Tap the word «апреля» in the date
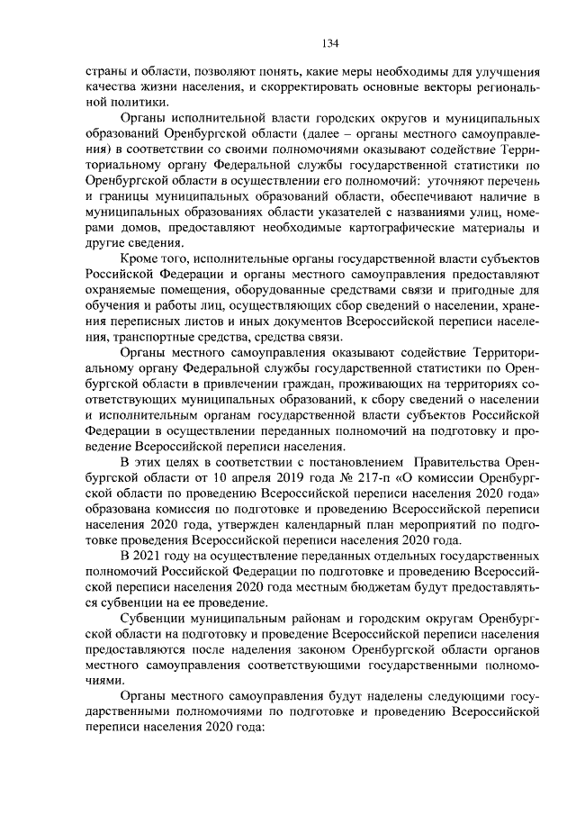point(218,477)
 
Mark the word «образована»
point(122,509)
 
